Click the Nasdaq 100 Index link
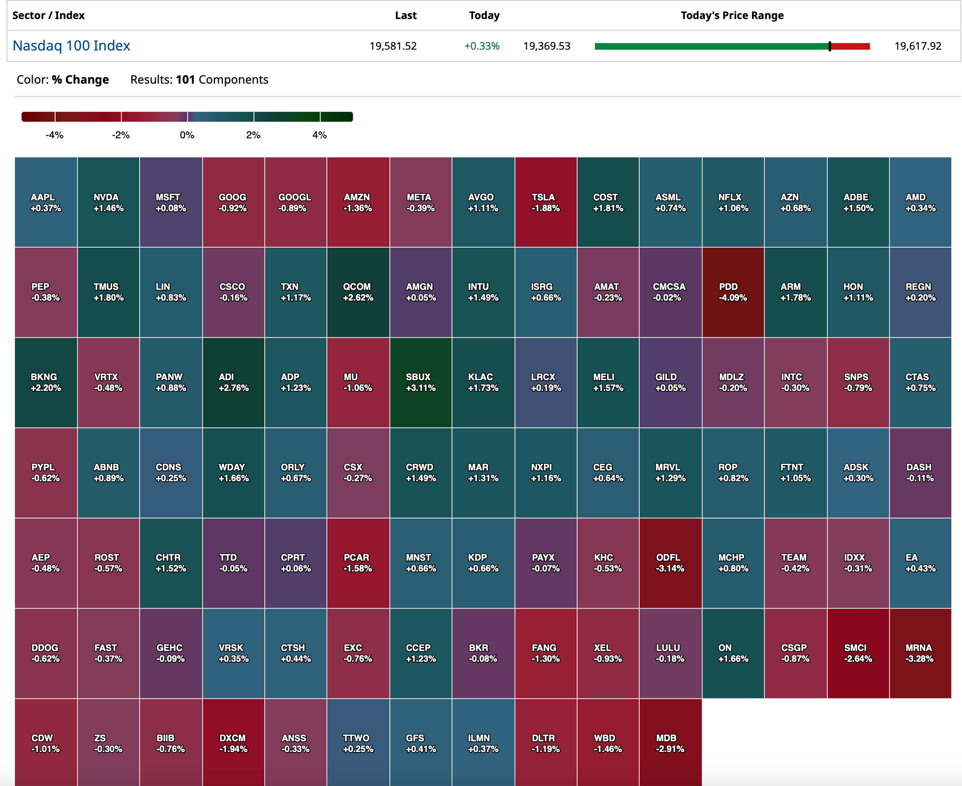(x=71, y=46)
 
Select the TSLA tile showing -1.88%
(x=546, y=202)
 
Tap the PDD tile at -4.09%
(x=733, y=292)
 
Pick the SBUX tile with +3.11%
(x=421, y=382)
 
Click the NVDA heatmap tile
(x=108, y=202)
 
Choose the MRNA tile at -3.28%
(x=920, y=653)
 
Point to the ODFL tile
(x=670, y=563)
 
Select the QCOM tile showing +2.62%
(x=358, y=292)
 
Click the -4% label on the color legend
(x=55, y=135)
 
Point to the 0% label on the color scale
(x=187, y=135)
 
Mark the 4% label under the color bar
(x=320, y=135)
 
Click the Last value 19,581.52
(x=393, y=46)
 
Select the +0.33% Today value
(x=482, y=46)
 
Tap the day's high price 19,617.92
(x=918, y=46)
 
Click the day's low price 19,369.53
(x=547, y=46)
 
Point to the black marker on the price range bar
(x=830, y=46)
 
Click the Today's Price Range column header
(x=732, y=16)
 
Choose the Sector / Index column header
(x=49, y=16)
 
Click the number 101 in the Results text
(x=185, y=80)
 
